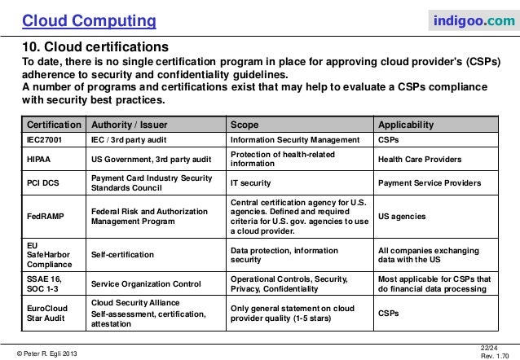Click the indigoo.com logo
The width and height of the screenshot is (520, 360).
tap(472, 19)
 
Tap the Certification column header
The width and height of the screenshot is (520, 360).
tap(55, 125)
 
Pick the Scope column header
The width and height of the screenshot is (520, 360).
tap(245, 125)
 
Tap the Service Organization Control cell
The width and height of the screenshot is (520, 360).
tap(146, 283)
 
